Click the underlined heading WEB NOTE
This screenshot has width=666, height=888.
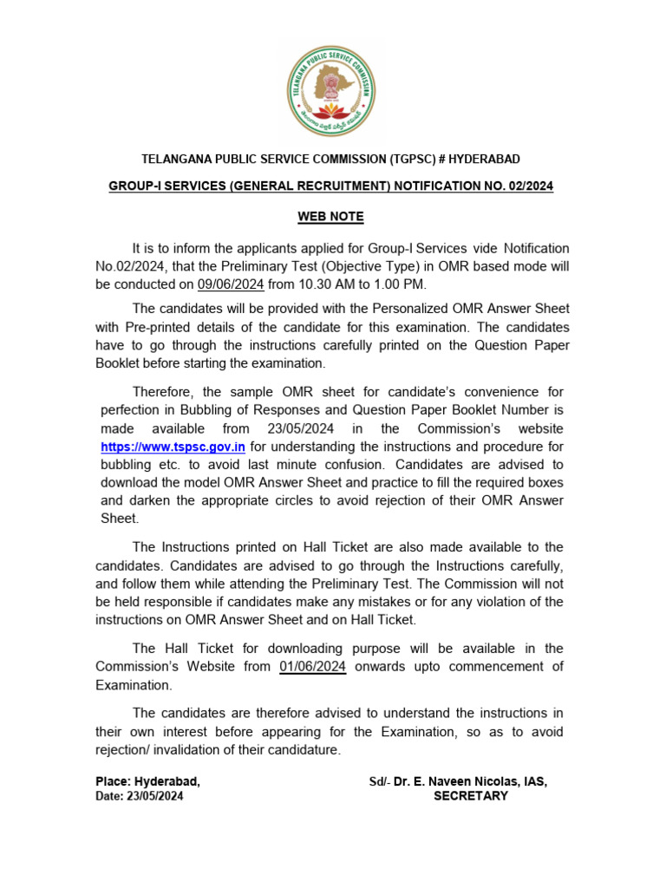(332, 216)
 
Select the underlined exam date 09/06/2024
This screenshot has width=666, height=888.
(231, 284)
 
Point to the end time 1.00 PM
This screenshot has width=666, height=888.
(402, 284)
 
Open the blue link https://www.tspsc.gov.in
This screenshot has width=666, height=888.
(173, 447)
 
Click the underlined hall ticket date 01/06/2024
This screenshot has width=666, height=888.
(313, 666)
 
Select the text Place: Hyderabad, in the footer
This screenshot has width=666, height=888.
(147, 781)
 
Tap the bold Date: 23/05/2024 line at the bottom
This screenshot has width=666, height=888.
(140, 796)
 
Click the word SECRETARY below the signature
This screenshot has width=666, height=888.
(470, 796)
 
